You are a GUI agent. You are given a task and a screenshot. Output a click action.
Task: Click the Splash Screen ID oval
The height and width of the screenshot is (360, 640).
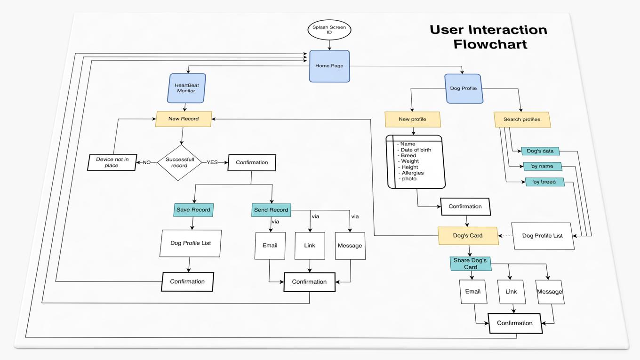point(329,30)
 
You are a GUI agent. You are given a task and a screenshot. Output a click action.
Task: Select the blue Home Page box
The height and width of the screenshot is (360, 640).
point(329,66)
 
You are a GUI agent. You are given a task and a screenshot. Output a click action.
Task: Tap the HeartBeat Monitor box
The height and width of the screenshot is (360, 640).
point(187,88)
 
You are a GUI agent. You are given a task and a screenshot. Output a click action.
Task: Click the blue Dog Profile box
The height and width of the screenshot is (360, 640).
point(464,88)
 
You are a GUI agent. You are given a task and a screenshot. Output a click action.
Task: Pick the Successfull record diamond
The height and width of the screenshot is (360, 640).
point(179,162)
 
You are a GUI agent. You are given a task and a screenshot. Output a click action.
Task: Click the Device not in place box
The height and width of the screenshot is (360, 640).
point(112,162)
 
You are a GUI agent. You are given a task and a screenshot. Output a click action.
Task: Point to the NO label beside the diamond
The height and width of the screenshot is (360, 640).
point(147,162)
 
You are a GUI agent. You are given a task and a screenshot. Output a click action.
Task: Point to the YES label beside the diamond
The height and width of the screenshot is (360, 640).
point(212,162)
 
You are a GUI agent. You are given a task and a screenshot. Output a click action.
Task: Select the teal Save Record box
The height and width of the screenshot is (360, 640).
point(193,210)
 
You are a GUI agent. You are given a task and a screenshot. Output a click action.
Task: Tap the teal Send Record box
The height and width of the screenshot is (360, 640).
point(271,210)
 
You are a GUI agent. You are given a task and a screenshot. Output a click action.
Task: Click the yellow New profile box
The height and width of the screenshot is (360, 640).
point(413,120)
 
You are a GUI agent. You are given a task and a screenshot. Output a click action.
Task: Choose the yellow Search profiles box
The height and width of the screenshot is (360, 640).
point(522,120)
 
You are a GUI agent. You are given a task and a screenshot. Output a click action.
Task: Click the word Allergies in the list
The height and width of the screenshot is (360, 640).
point(413,173)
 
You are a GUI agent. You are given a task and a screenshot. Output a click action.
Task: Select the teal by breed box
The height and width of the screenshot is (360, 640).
point(544,182)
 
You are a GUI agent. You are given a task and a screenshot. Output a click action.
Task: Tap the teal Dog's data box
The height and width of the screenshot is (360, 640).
point(540,151)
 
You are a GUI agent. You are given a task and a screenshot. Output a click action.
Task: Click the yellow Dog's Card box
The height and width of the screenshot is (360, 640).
point(468,236)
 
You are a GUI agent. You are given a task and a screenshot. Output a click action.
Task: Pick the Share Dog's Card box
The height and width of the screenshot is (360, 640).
point(471,264)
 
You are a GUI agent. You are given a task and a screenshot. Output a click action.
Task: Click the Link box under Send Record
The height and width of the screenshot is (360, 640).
point(310,246)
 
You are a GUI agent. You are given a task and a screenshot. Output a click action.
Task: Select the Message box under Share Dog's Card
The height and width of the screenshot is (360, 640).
point(550,292)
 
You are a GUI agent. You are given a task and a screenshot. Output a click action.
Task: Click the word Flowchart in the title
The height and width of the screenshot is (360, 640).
point(490,45)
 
